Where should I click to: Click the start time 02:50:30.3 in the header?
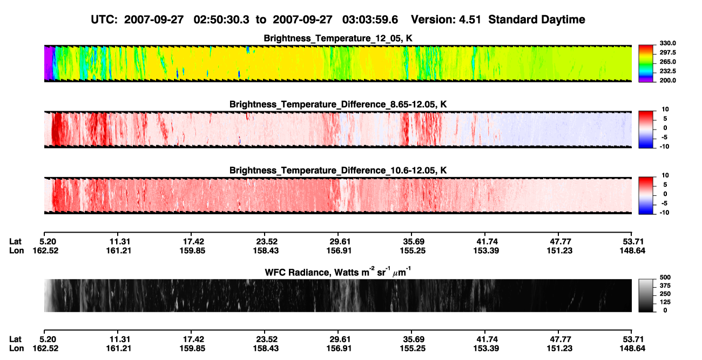(x=221, y=19)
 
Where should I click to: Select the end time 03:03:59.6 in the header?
(x=370, y=19)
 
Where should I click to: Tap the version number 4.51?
(x=470, y=19)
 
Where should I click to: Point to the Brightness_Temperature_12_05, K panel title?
(x=338, y=38)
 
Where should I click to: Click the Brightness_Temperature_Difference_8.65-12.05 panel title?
(x=338, y=104)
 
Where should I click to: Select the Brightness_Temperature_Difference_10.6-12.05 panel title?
(x=338, y=171)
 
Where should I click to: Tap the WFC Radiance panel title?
(x=338, y=272)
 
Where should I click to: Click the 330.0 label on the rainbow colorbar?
(x=667, y=43)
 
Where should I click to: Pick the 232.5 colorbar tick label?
(x=667, y=71)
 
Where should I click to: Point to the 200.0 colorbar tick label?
(x=667, y=80)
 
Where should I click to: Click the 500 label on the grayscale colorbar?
(x=665, y=277)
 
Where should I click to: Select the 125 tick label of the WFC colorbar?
(x=665, y=302)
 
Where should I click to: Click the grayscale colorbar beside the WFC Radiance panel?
(x=646, y=295)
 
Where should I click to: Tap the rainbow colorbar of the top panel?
(x=646, y=64)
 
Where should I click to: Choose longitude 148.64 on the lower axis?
(x=632, y=349)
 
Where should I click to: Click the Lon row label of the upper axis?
(x=17, y=250)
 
